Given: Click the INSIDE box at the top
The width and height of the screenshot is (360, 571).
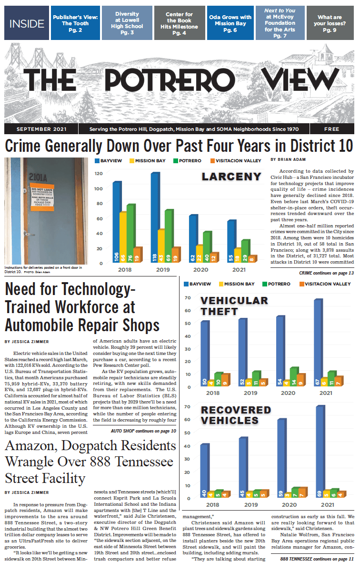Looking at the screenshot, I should pyautogui.click(x=27, y=23).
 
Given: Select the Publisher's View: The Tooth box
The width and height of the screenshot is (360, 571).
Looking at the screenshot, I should pyautogui.click(x=75, y=23).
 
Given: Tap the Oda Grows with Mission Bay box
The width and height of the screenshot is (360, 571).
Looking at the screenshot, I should pyautogui.click(x=230, y=23).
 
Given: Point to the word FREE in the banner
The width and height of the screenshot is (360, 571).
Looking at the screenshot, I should pyautogui.click(x=331, y=129).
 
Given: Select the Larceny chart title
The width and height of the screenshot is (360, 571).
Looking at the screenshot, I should pyautogui.click(x=231, y=177).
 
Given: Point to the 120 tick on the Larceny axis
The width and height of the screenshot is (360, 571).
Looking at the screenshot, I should pyautogui.click(x=99, y=173).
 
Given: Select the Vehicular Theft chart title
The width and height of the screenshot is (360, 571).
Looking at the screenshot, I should pyautogui.click(x=234, y=306).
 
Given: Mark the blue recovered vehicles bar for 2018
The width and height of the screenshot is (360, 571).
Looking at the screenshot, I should pyautogui.click(x=205, y=471).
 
